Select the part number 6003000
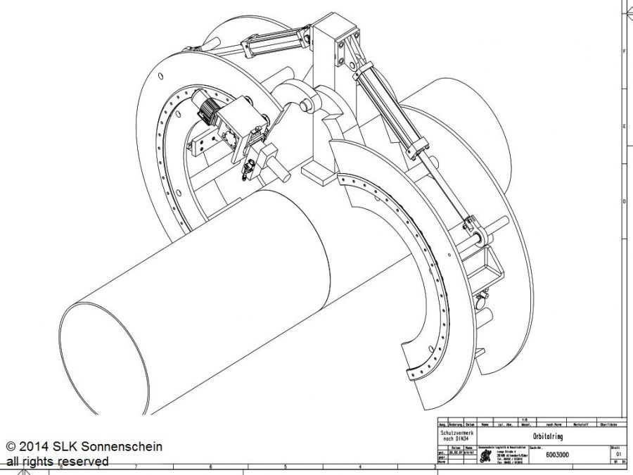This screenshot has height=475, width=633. (557, 455)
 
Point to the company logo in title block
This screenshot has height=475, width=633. (485, 457)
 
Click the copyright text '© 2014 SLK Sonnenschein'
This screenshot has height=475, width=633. (84, 446)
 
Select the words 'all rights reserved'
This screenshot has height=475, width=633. (58, 462)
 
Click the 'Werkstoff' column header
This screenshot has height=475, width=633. (580, 424)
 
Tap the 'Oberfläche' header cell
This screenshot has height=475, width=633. (609, 424)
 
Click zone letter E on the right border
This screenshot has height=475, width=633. (624, 127)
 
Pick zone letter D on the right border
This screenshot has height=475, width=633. (624, 202)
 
